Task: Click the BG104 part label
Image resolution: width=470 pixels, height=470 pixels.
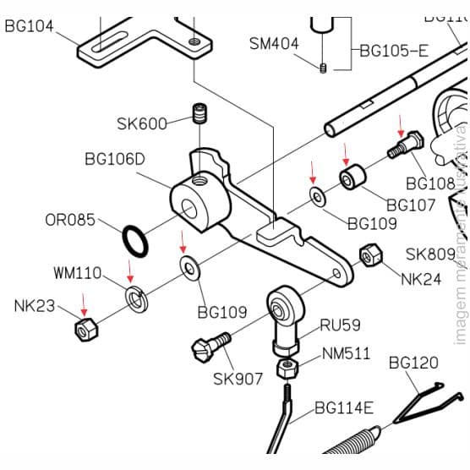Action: coord(29,26)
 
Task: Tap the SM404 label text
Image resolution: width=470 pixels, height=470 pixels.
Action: coord(273,43)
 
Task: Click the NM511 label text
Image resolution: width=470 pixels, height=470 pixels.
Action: coord(345,353)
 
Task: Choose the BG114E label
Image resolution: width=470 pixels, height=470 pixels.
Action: coord(343,408)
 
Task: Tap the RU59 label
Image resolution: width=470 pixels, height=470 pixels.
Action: coord(339,324)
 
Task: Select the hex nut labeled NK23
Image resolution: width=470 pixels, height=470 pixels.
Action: coord(86,330)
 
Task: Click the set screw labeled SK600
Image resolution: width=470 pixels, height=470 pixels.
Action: coord(200,113)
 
